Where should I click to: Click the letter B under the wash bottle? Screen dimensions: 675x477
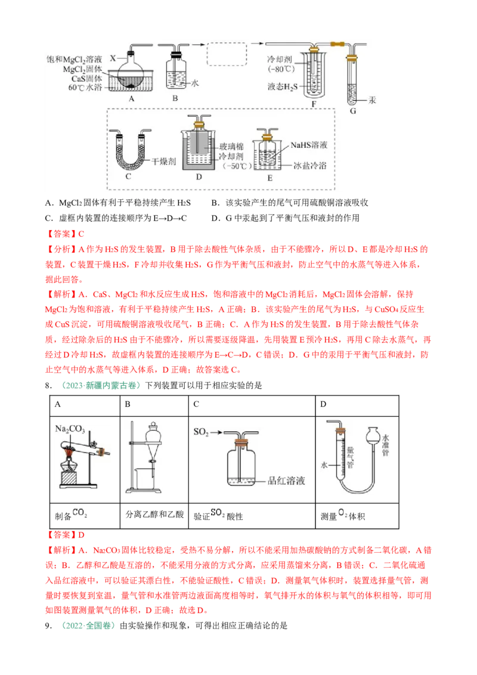[x=175, y=100]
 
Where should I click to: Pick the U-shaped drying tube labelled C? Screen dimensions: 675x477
[x=131, y=154]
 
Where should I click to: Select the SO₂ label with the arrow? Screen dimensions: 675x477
[x=200, y=431]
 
